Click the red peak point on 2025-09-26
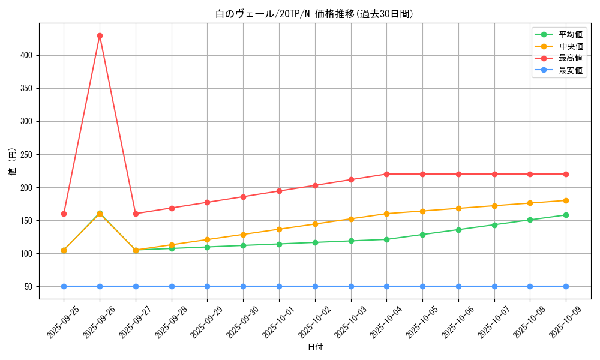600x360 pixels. [x=100, y=35]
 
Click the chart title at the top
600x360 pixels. [x=314, y=14]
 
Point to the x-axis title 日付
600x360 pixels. [x=315, y=347]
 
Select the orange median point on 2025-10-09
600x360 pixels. [x=566, y=200]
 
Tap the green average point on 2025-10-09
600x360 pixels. [x=566, y=215]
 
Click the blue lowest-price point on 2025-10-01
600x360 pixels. [x=279, y=286]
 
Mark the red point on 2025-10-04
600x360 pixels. [x=386, y=174]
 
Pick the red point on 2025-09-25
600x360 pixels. [x=64, y=214]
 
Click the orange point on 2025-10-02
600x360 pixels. [x=315, y=224]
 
